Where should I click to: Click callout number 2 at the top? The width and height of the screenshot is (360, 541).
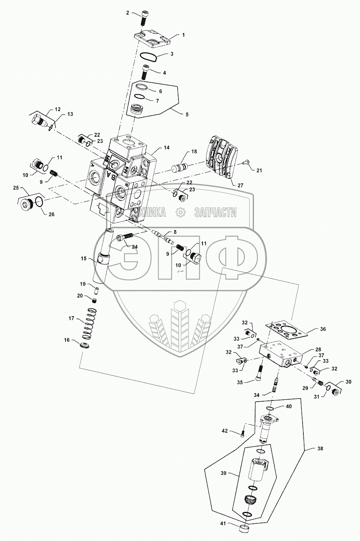point(128,13)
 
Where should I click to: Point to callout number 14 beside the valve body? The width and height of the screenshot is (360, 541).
point(166,147)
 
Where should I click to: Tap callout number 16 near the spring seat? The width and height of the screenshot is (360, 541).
point(67,340)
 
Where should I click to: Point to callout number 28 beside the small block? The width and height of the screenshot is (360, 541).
point(318,350)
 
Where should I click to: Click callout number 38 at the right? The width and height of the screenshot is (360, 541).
point(320,448)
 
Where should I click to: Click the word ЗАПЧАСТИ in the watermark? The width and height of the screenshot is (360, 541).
point(215,212)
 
